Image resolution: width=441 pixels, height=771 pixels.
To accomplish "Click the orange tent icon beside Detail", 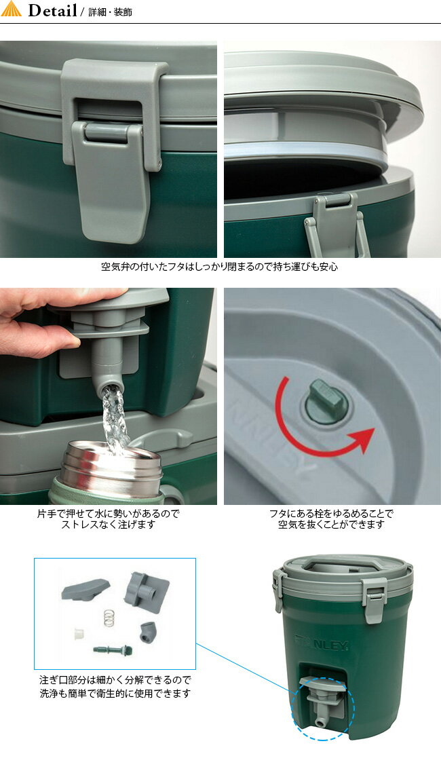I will [x=12, y=10].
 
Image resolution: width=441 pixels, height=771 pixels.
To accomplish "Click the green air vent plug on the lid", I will [x=326, y=400].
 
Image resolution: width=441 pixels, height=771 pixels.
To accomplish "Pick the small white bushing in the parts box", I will [x=79, y=633].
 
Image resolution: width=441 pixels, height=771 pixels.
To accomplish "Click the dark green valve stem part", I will [x=113, y=650].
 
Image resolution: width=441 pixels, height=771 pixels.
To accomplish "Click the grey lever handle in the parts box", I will [x=84, y=588].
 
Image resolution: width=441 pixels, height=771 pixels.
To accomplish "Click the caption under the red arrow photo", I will [x=330, y=519].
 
